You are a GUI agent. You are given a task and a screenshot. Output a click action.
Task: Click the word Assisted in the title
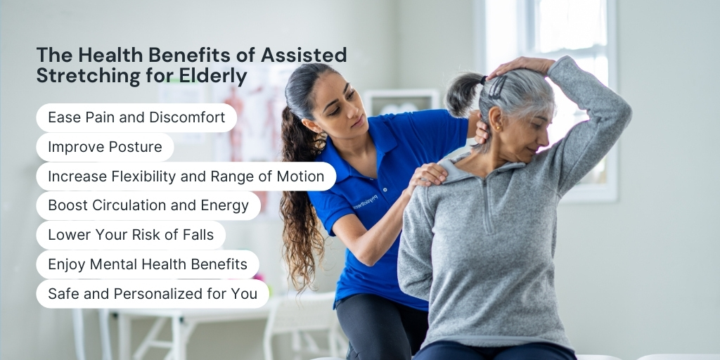tap(304, 55)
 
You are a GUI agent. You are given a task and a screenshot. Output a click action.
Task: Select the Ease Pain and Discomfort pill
tap(136, 117)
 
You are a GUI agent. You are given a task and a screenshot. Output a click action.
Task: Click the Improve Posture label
tap(105, 147)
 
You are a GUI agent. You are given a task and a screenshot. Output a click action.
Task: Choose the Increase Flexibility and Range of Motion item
tap(186, 176)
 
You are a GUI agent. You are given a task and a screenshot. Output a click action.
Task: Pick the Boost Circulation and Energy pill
tap(148, 206)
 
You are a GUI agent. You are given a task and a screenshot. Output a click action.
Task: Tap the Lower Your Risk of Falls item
tap(131, 235)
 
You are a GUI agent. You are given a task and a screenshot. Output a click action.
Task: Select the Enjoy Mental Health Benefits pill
tap(148, 264)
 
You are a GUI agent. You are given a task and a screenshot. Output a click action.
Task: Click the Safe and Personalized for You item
tap(153, 294)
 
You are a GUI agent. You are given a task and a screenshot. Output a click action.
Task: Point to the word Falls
tap(198, 235)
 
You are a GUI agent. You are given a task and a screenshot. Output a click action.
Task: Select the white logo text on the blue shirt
tap(366, 202)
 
